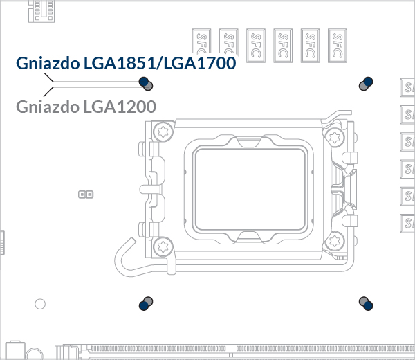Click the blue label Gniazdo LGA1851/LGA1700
(x=126, y=63)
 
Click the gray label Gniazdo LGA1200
(x=86, y=107)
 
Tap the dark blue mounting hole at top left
(x=144, y=81)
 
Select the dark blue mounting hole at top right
(x=368, y=81)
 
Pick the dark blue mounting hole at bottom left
(x=144, y=306)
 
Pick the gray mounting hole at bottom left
(x=149, y=301)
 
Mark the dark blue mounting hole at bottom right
(x=368, y=306)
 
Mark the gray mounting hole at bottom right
(x=363, y=301)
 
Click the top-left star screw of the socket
(x=163, y=132)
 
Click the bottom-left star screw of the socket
(x=163, y=247)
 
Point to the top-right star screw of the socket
(x=335, y=137)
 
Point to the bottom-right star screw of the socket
(x=335, y=241)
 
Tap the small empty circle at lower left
(x=40, y=304)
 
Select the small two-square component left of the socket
(x=86, y=195)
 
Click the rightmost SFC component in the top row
(x=338, y=46)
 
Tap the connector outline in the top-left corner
(x=41, y=11)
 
